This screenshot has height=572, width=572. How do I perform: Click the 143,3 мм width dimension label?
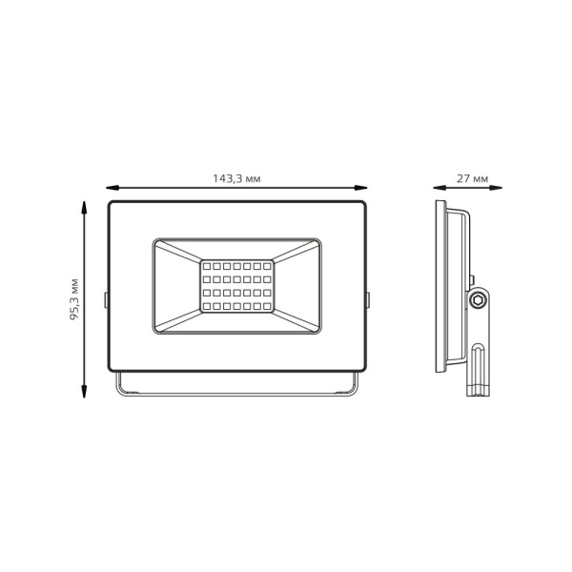(237, 178)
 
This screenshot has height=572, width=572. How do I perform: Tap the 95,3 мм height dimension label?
(73, 299)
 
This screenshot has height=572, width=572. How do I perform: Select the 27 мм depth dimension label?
(473, 178)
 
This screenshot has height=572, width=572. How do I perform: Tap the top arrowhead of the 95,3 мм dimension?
(86, 207)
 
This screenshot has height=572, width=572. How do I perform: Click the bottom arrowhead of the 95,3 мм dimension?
(86, 392)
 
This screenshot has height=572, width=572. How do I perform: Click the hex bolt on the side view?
(480, 299)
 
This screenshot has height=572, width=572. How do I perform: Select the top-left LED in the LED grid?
(207, 261)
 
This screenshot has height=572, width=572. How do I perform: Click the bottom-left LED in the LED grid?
(207, 309)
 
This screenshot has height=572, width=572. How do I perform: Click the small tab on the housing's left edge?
(107, 298)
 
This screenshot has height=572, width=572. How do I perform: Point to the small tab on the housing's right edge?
(369, 298)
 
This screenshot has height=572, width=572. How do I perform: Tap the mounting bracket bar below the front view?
(238, 391)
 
